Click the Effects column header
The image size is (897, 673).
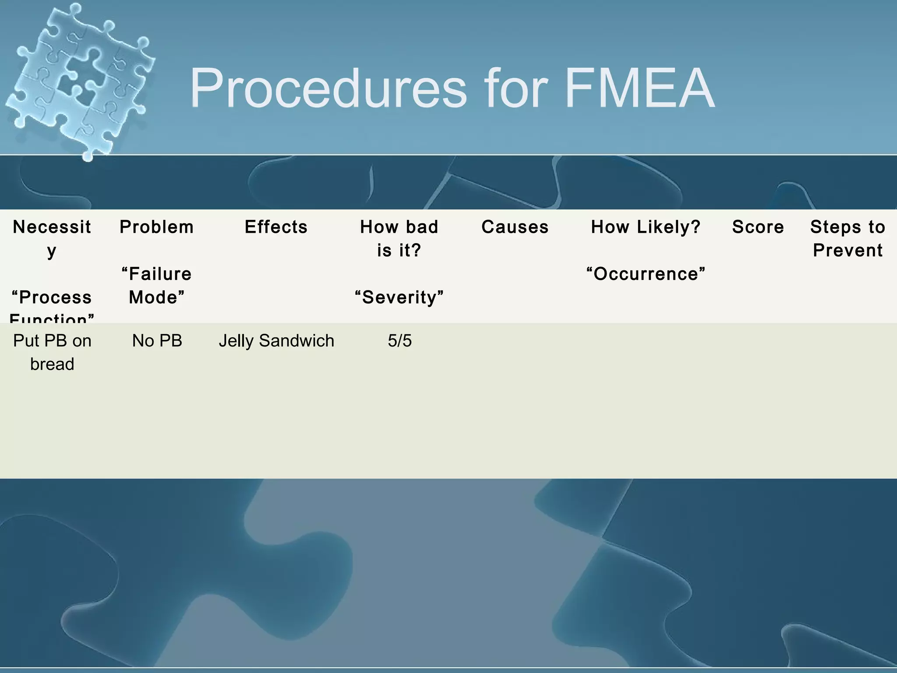point(276,227)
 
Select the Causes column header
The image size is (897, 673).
point(515,227)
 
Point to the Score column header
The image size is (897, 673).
point(758,227)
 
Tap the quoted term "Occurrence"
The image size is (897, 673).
point(646,274)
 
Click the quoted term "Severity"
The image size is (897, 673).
point(399,298)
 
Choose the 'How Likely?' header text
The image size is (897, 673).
point(646,227)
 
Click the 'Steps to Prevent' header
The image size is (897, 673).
point(848,238)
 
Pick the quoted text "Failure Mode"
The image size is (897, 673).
point(156,286)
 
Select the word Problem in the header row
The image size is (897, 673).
point(156,227)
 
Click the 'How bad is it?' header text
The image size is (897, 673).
point(399,238)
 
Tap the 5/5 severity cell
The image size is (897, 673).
point(399,341)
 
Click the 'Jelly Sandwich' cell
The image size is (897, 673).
point(276,341)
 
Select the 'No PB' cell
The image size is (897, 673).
point(157,341)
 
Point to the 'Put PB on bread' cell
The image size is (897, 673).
point(52,352)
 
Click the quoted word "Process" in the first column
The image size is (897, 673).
point(52,298)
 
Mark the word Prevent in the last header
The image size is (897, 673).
point(848,250)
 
